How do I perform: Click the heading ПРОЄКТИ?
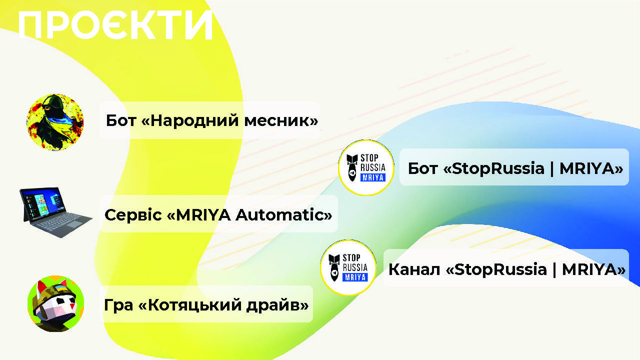(115, 25)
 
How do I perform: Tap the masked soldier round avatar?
(55, 122)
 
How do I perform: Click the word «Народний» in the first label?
(190, 121)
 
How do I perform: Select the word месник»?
(281, 121)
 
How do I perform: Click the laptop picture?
(55, 212)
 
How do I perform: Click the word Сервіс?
(133, 215)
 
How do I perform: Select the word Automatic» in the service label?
(283, 215)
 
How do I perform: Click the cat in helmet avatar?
(55, 303)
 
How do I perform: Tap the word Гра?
(118, 305)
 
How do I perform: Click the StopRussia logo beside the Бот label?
(366, 167)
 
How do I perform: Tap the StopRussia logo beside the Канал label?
(348, 267)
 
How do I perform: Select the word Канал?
(414, 269)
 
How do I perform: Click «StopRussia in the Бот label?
(493, 168)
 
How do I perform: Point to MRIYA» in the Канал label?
(593, 269)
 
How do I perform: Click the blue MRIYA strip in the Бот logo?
(373, 177)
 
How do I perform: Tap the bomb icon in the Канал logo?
(334, 267)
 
